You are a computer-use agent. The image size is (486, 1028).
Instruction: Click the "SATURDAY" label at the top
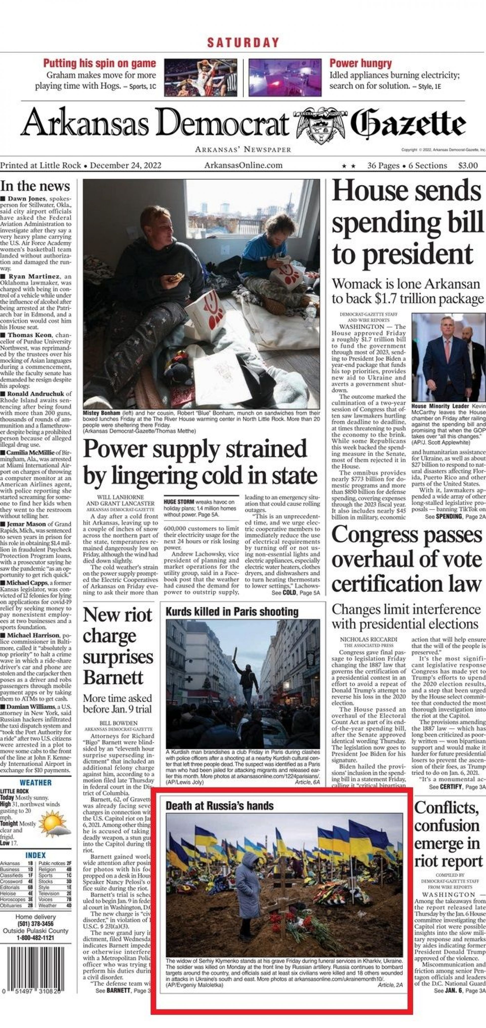tap(243, 42)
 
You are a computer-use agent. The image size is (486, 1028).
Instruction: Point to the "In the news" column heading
tap(35, 186)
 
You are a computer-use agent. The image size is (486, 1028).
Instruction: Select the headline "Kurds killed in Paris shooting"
tap(232, 612)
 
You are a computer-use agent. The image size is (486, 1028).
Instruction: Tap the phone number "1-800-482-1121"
tap(35, 938)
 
